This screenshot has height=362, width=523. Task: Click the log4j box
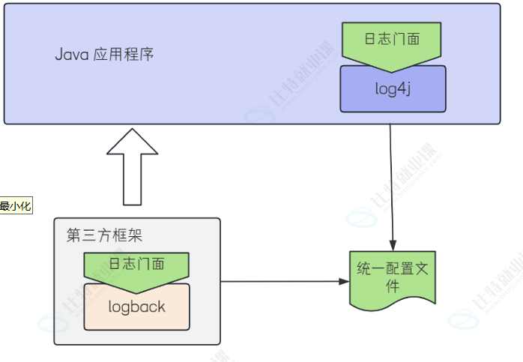click(393, 88)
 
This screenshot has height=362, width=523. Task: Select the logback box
click(136, 307)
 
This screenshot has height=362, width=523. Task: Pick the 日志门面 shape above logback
click(136, 266)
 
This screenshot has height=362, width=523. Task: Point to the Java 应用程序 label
click(105, 55)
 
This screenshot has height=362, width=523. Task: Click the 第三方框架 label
click(104, 235)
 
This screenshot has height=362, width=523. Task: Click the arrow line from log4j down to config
click(391, 180)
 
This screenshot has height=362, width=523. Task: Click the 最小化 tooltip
click(16, 206)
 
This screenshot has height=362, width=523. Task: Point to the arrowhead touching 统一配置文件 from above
click(393, 244)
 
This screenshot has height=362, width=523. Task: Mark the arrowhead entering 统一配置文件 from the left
click(345, 282)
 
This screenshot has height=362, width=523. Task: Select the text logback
click(136, 307)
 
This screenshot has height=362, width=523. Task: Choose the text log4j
click(393, 88)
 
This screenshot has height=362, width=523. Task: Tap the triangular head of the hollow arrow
click(133, 142)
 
